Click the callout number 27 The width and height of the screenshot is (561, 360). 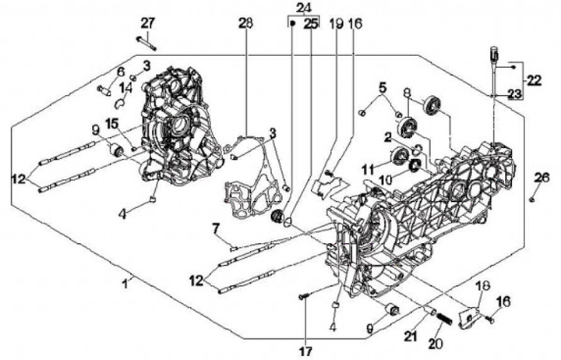147,23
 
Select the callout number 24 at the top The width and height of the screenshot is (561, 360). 301,8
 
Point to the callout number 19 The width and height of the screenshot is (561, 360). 336,23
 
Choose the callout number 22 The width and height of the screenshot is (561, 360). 534,79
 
